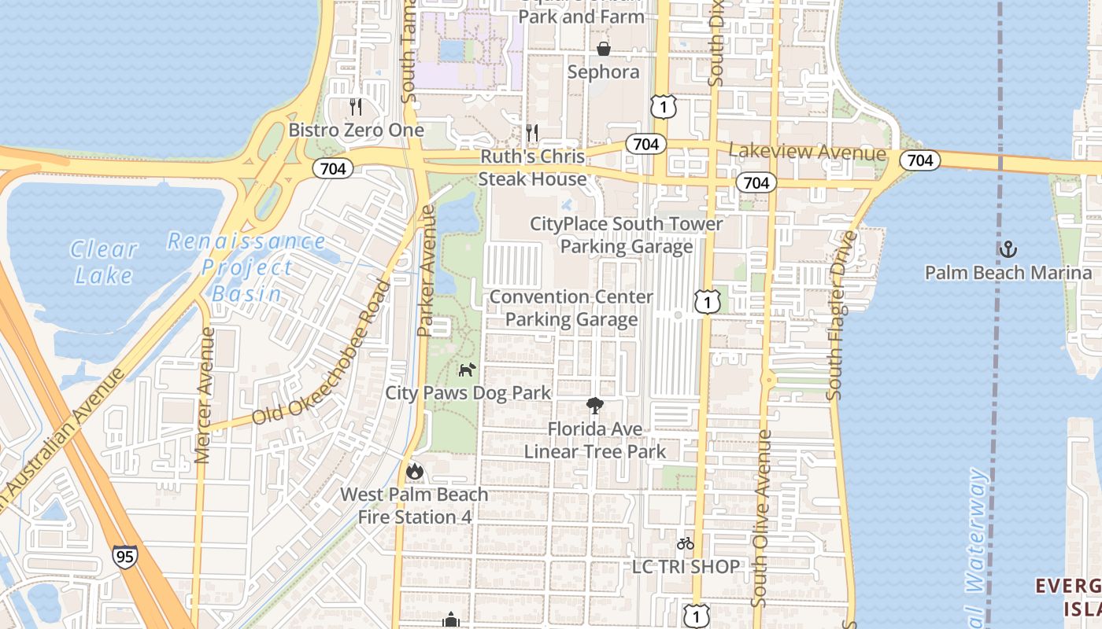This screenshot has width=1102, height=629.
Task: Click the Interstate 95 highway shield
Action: (x=124, y=556)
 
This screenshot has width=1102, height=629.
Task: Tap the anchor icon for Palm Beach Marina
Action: (x=1008, y=250)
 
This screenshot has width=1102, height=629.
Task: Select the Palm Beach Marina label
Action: (x=1008, y=273)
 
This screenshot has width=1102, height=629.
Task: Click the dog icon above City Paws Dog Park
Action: (x=468, y=369)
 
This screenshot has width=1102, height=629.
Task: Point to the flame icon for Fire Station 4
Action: (x=415, y=471)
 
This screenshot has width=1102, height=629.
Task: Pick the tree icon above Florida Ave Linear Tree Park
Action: (x=595, y=406)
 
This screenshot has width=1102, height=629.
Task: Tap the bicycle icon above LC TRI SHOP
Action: (x=686, y=543)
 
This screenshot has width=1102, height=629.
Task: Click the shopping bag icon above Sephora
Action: (x=604, y=49)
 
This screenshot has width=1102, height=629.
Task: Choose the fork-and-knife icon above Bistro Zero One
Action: (x=356, y=106)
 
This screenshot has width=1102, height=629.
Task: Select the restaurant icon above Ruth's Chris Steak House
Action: (x=533, y=133)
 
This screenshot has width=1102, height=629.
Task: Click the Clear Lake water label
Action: (x=103, y=262)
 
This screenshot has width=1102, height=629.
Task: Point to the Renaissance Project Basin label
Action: (x=246, y=267)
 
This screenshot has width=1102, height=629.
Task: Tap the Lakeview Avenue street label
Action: (x=808, y=153)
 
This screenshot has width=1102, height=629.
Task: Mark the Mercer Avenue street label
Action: (x=205, y=395)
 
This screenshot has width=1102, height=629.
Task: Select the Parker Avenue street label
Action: (x=427, y=271)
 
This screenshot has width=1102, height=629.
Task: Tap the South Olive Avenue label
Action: (x=760, y=518)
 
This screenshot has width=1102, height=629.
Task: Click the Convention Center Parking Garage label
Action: (x=571, y=308)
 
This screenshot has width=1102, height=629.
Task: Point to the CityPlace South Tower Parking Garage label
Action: (x=627, y=235)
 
